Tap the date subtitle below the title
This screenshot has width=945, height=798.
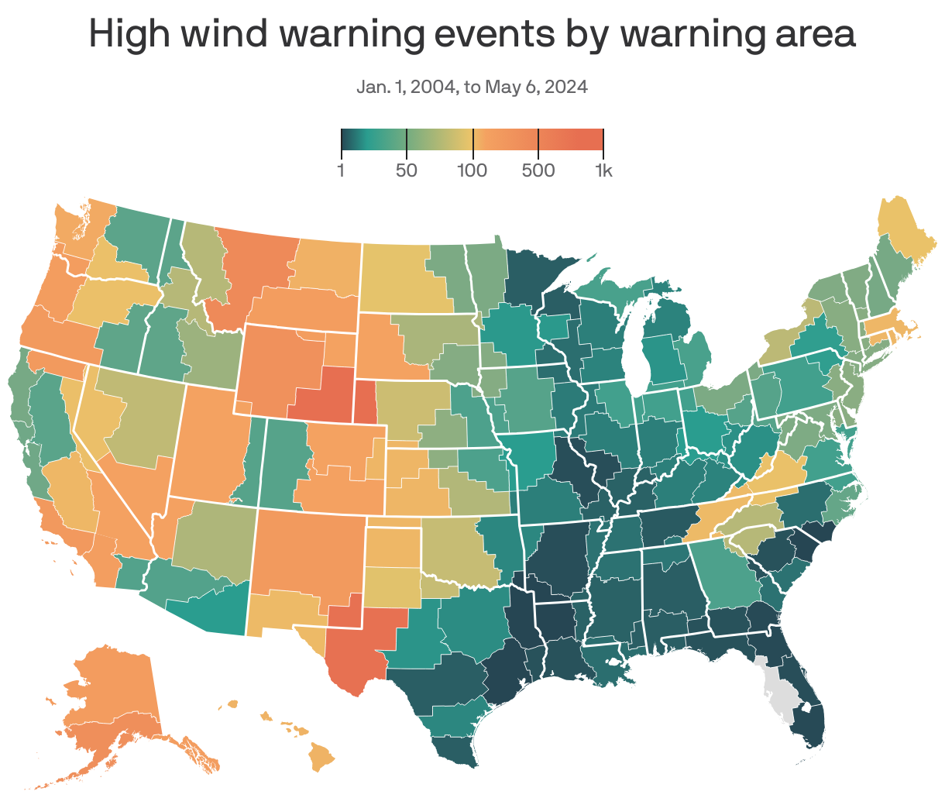tap(472, 87)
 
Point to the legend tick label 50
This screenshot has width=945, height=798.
tap(407, 170)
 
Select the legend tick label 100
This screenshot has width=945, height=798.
tap(472, 170)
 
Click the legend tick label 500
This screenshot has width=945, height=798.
tap(538, 170)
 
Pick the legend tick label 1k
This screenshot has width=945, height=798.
tap(603, 170)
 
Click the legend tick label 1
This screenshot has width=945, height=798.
tap(341, 170)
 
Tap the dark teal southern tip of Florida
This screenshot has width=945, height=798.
tap(809, 728)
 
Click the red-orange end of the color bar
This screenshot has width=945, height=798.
tap(593, 140)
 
